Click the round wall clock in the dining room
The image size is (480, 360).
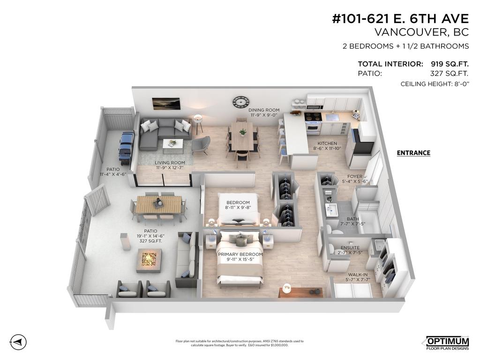(240, 102)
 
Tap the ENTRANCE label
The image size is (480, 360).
(413, 153)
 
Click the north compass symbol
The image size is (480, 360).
(18, 341)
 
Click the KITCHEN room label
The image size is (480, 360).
(327, 143)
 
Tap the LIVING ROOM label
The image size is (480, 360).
(170, 163)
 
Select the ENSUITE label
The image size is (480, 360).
(350, 247)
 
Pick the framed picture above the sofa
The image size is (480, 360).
(166, 103)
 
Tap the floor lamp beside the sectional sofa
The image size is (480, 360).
(199, 120)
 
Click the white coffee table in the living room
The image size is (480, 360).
(172, 144)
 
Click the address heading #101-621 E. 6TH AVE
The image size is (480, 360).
(400, 19)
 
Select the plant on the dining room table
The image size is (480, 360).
(242, 132)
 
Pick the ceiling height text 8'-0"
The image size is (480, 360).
(460, 84)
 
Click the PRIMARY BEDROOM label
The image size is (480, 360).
(240, 255)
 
